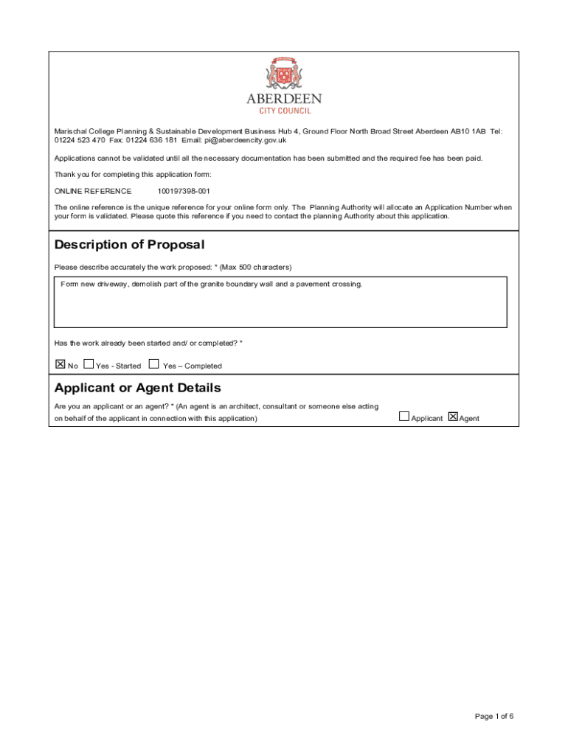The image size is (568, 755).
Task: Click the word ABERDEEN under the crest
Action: (284, 100)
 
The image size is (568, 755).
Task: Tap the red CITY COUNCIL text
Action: (284, 111)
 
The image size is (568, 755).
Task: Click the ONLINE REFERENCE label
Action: (93, 191)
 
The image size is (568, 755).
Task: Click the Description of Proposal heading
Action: (129, 245)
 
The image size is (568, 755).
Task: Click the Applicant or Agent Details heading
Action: (137, 388)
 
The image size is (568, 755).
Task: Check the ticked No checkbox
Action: (60, 363)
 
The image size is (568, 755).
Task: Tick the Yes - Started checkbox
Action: (89, 363)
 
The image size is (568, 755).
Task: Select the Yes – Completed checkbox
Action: (153, 363)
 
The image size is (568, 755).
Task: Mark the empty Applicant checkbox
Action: (404, 417)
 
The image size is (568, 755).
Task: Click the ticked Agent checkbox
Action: (453, 417)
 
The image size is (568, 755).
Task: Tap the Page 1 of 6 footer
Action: (494, 716)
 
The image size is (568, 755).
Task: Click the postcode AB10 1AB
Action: (468, 131)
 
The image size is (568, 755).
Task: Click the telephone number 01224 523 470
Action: (80, 140)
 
